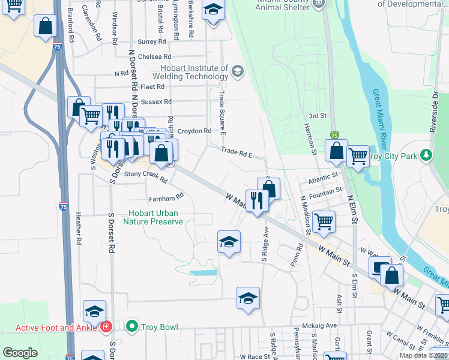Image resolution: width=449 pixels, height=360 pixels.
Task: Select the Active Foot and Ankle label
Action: pos(53,328)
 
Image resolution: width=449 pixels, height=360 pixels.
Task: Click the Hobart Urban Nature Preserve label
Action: pos(152,217)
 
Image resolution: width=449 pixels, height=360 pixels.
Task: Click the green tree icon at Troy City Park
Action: pos(426,155)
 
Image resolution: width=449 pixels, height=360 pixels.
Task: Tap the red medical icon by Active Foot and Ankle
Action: pos(106,327)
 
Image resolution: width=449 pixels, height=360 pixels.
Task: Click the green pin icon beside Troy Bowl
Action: pos(133,327)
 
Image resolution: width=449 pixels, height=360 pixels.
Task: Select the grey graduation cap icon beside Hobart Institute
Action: pos(238,72)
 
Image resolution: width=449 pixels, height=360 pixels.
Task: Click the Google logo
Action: pos(20,353)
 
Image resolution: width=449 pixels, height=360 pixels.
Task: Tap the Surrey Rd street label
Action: pos(151,41)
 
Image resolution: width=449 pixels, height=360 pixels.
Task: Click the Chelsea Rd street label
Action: pos(151,56)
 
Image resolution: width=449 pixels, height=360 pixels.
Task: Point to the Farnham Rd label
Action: pos(165,197)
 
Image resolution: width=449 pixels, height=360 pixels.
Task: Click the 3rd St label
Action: pos(316,115)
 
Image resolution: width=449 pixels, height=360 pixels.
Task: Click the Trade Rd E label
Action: pos(235,152)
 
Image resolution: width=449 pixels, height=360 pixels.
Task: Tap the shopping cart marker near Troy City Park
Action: pos(358,157)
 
